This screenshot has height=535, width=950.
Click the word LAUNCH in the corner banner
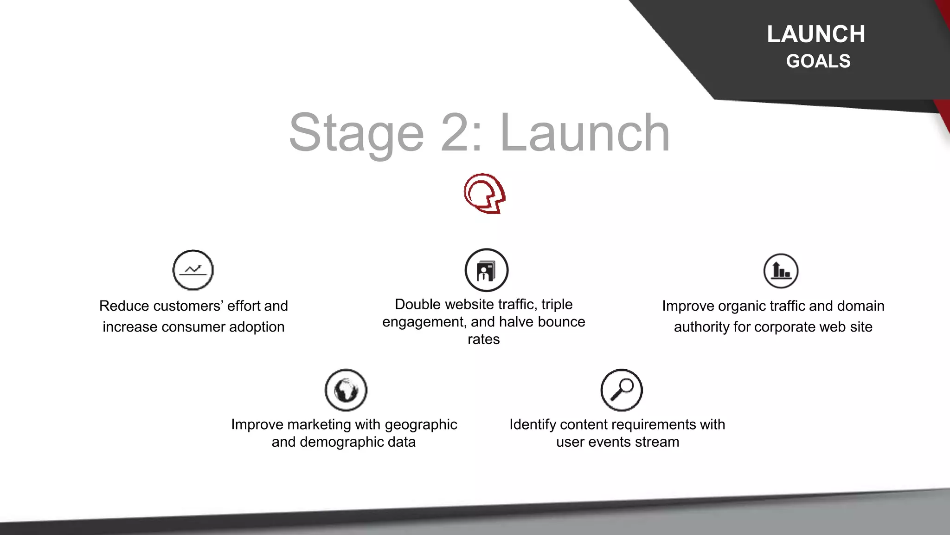coord(816,34)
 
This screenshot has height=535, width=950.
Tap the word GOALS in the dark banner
coord(818,61)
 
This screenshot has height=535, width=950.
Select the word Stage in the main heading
coord(356,133)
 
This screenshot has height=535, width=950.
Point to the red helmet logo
coord(484,193)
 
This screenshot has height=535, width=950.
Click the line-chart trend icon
coord(193,270)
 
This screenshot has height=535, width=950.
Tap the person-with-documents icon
coord(486,270)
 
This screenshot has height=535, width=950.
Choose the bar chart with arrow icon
coord(781,271)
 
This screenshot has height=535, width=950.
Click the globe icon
coord(346,390)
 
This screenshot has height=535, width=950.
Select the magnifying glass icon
coord(622,390)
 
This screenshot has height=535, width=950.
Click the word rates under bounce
coord(483,339)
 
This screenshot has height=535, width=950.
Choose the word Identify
coord(533,425)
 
